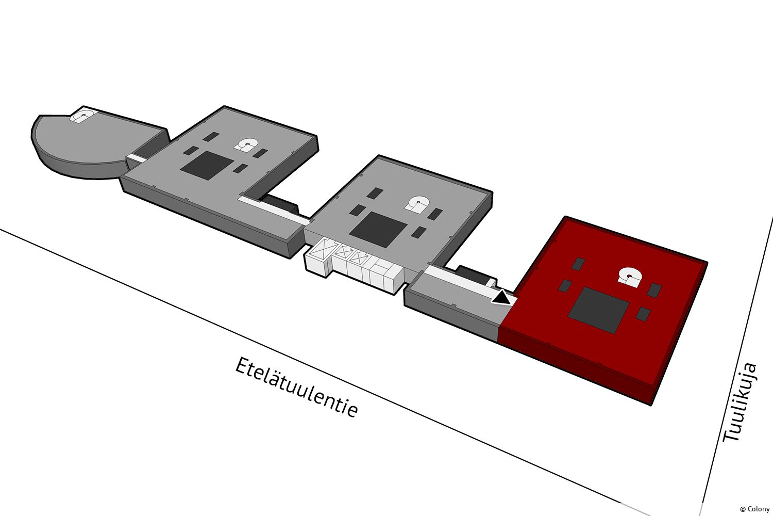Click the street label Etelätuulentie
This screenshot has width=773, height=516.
(x=296, y=387)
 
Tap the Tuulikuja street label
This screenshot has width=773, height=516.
(x=741, y=402)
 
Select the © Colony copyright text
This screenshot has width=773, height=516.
(x=754, y=509)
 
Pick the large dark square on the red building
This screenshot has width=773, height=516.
(x=598, y=310)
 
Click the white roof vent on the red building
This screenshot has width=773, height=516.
(x=629, y=277)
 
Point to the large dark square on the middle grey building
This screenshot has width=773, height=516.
(x=378, y=229)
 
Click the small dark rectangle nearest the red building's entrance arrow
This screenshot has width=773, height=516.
(x=565, y=285)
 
